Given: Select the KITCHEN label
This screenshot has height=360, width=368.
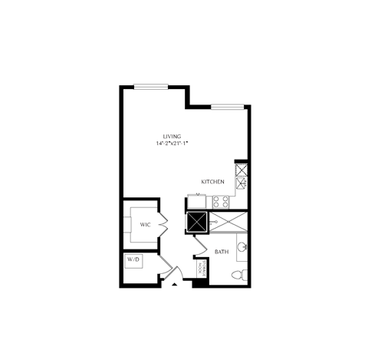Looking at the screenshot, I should pos(212,182).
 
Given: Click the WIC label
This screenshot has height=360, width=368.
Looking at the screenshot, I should pos(144,224).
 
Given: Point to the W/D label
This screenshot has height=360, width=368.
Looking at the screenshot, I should pos(134,261).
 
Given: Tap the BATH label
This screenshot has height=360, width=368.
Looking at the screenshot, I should pos(221,252).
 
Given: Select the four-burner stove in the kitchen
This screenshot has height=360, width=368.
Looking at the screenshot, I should pos(222,202).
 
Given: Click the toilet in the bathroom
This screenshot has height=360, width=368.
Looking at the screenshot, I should pos(238,274).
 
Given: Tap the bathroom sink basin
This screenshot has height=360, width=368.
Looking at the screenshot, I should pos(242,247).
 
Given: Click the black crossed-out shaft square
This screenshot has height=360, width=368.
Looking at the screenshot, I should pos(197,222).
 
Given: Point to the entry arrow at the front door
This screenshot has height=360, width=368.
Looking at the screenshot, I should pos(176,286).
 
